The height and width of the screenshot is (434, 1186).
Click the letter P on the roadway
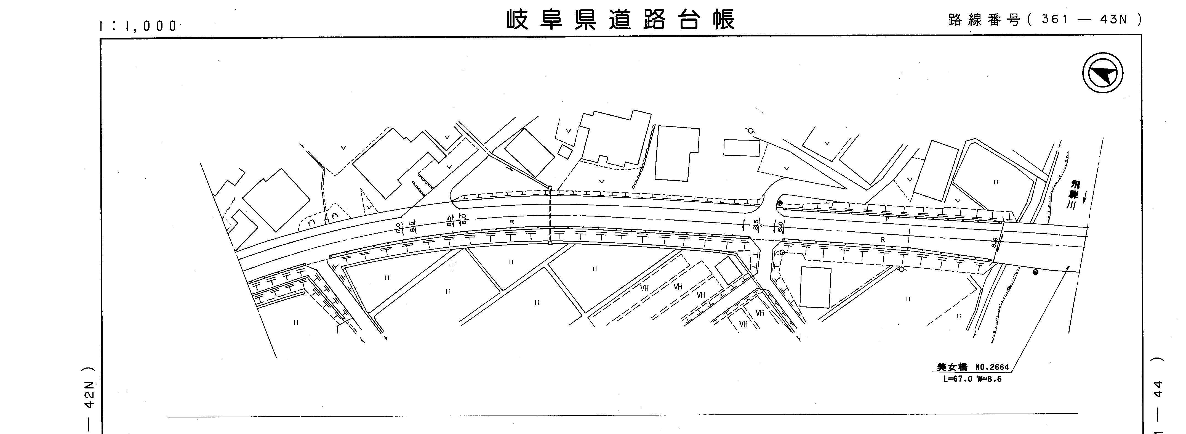(x=887, y=219)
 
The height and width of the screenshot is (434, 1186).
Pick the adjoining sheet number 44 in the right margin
(x=1159, y=389)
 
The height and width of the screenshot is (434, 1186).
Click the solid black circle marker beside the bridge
(x=1035, y=272)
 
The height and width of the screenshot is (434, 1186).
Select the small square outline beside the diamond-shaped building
(x=565, y=152)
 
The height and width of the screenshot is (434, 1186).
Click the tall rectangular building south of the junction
(x=815, y=287)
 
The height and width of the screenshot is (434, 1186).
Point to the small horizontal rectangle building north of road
(x=741, y=148)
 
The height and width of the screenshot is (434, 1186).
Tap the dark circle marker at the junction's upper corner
(x=779, y=203)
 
